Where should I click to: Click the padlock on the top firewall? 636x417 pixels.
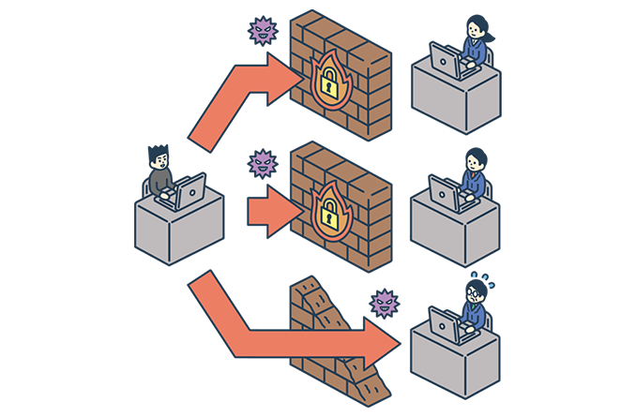click(x=329, y=85)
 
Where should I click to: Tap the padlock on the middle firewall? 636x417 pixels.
click(x=329, y=215)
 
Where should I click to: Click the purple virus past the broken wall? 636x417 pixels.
click(x=384, y=303)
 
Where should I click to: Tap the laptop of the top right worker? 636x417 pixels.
click(x=447, y=62)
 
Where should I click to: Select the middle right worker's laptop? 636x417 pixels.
click(x=446, y=192)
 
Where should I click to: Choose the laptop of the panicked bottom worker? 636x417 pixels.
click(x=445, y=322)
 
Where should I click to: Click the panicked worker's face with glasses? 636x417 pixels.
click(x=475, y=294)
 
